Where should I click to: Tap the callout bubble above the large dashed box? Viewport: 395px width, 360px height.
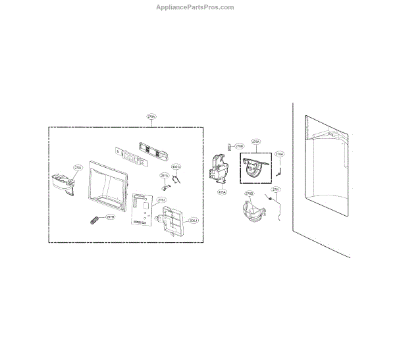(x=151, y=116)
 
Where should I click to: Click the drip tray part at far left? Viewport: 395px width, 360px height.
(x=65, y=184)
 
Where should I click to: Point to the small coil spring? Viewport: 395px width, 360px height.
(x=94, y=219)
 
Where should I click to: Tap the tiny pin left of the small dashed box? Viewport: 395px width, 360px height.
(x=229, y=146)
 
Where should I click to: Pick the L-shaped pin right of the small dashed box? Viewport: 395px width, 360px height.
(x=278, y=169)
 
